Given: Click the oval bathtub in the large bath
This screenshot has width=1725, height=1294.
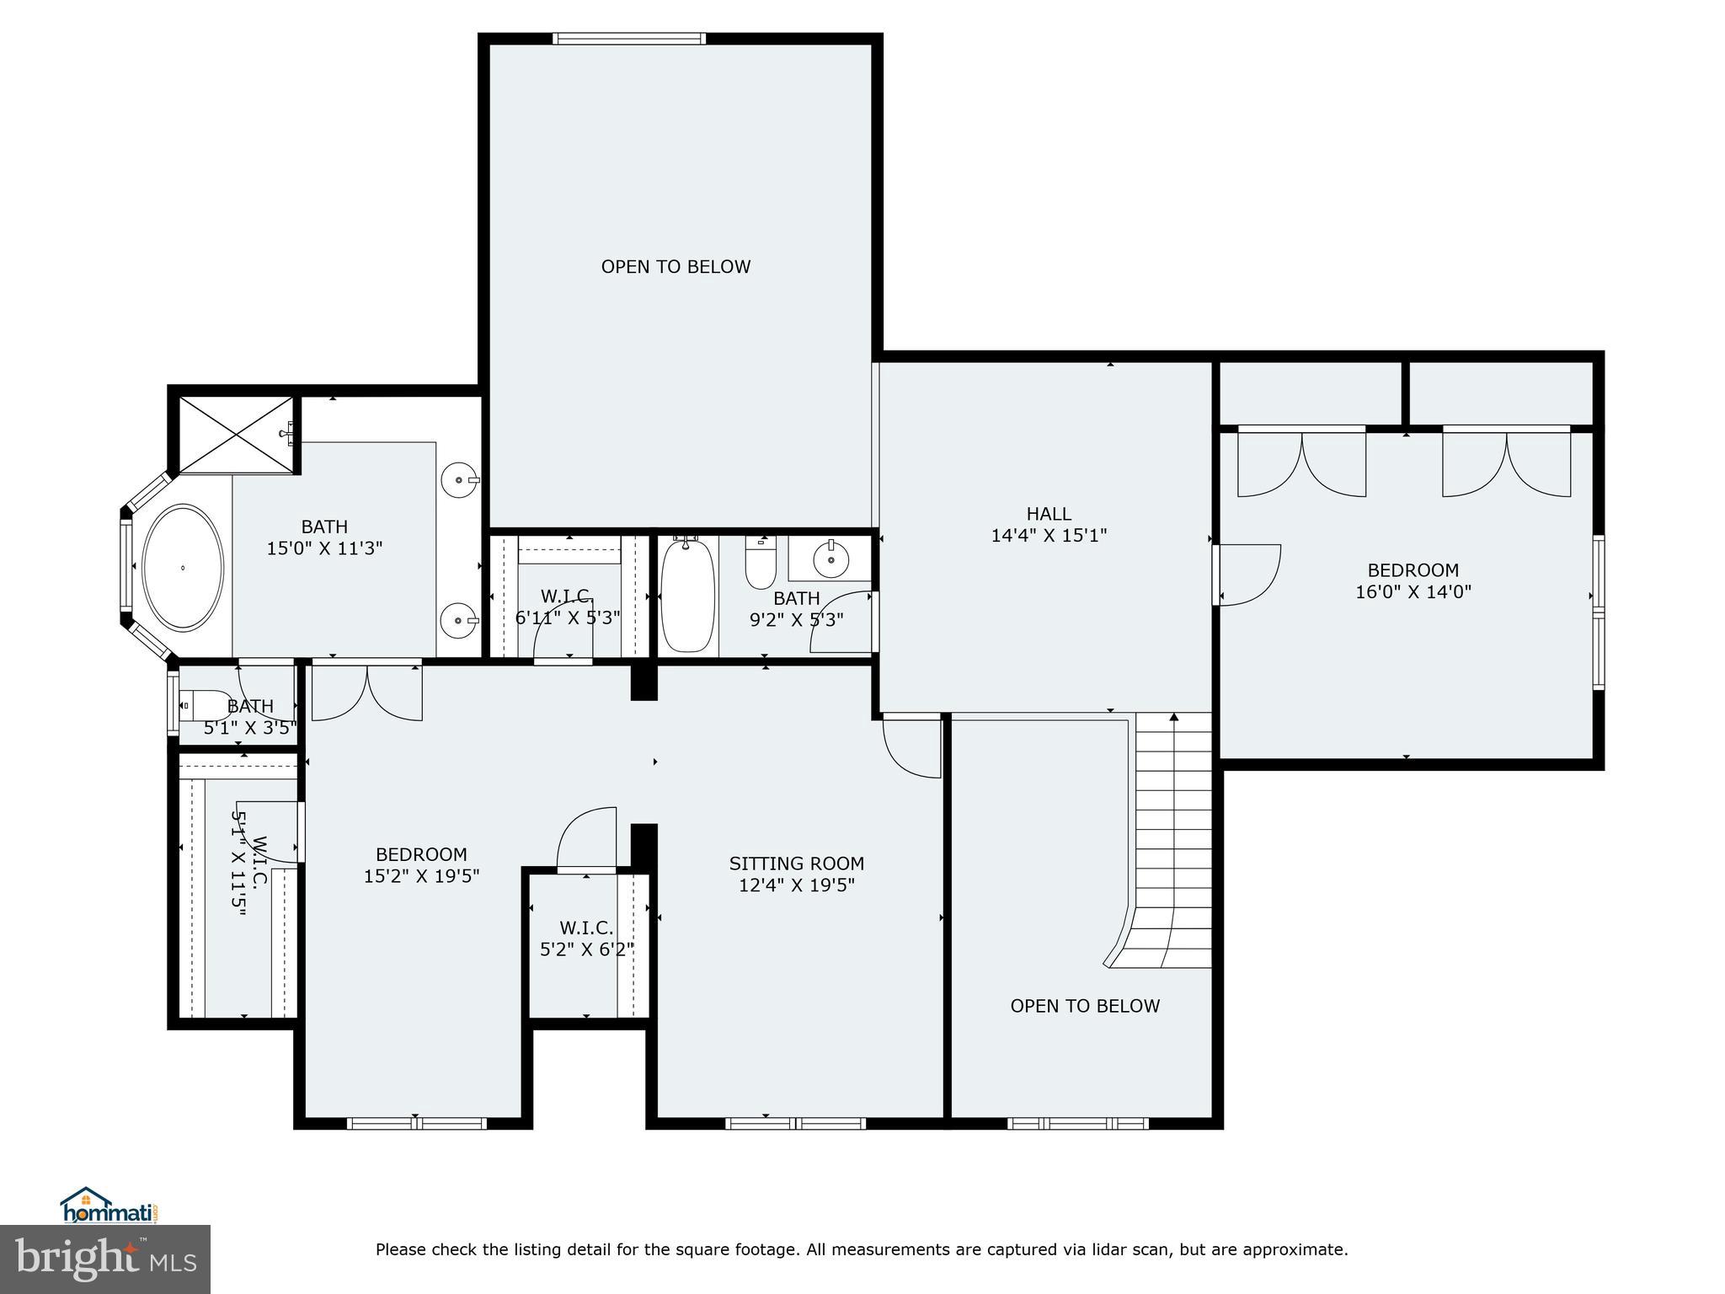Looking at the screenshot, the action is tap(183, 567).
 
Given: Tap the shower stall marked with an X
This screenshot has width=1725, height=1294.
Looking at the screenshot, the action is tap(236, 435).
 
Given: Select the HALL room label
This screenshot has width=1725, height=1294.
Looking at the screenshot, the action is tap(1049, 514).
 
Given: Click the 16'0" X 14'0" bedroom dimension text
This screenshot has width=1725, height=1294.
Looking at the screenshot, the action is tap(1413, 592).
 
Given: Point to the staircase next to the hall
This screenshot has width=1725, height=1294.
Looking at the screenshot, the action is tap(1173, 842).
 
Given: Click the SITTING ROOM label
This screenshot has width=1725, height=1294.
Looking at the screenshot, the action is tap(796, 864).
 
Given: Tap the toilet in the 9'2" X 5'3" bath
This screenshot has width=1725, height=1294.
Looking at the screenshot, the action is tap(761, 563).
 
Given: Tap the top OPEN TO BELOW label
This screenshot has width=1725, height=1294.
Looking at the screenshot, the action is tap(676, 267).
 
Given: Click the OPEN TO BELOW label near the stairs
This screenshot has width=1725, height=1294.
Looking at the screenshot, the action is tap(1085, 1006).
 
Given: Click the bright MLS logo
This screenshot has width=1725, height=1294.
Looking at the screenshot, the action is tap(105, 1259).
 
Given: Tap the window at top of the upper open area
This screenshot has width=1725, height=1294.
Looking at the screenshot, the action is tap(628, 39).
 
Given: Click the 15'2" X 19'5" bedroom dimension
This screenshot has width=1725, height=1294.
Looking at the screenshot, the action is tap(421, 876).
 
